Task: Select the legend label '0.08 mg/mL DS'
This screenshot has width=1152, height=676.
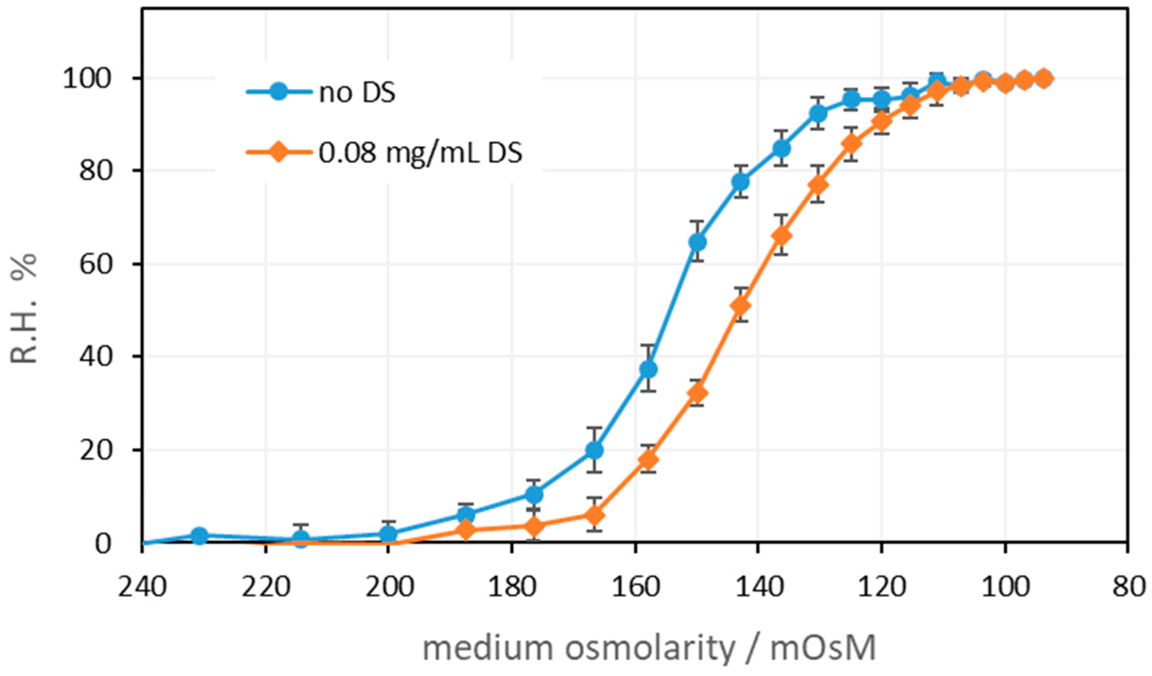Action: point(420,153)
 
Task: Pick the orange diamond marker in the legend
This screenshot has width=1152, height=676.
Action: point(278,152)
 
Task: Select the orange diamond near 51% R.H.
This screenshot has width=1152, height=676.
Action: point(741,305)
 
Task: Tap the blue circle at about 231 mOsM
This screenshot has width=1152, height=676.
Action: point(199,535)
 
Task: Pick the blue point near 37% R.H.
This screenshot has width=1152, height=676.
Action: point(648,369)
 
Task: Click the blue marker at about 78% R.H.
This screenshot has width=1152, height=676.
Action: point(741,181)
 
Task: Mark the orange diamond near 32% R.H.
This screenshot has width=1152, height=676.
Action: point(697,393)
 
